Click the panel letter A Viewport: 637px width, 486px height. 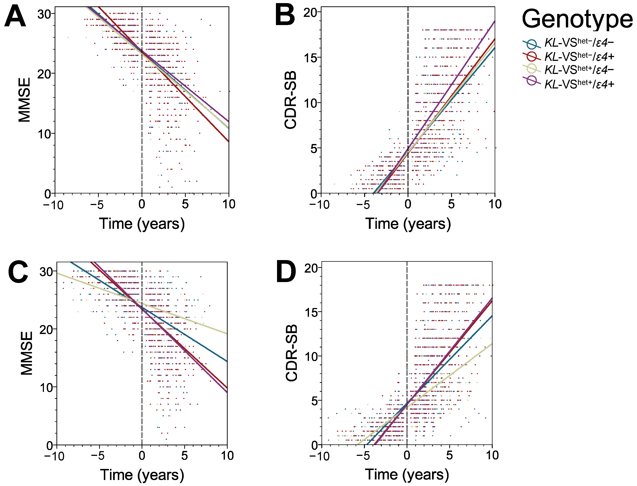[15, 17]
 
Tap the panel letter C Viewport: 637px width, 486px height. [18, 272]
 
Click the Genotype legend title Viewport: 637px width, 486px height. [577, 19]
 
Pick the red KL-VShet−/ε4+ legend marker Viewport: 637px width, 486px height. [532, 57]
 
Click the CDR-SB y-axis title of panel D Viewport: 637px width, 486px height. [292, 353]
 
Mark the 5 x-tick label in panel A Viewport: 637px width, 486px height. [185, 204]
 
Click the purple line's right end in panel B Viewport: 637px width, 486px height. [494, 22]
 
